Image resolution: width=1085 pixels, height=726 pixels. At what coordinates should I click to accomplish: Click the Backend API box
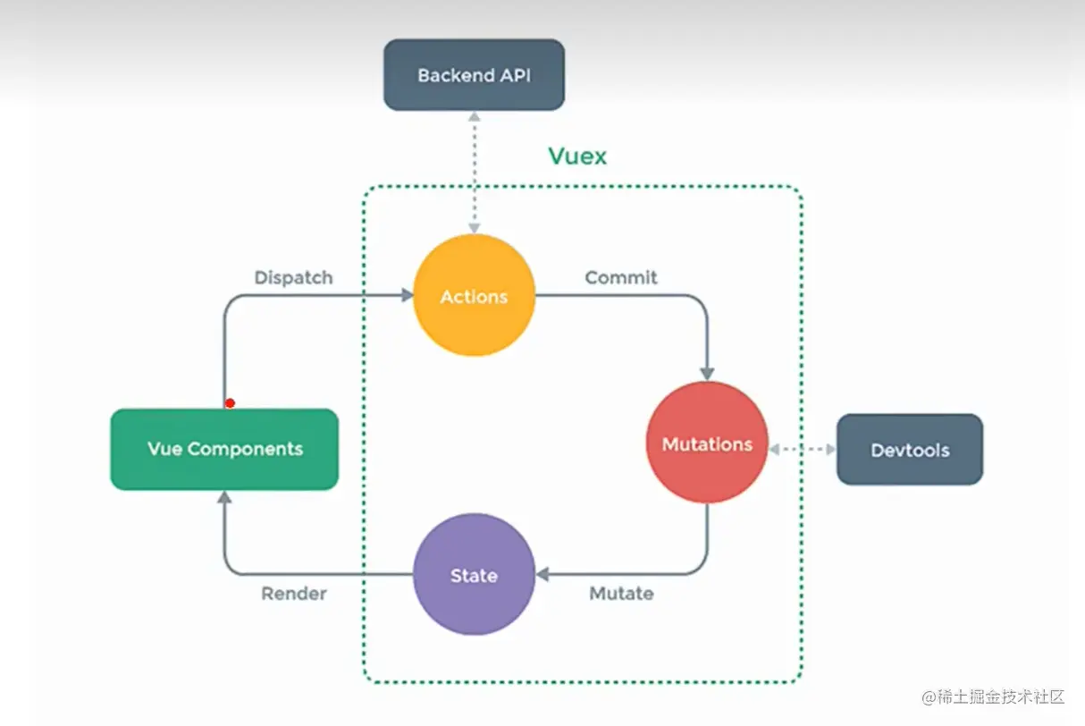click(x=474, y=75)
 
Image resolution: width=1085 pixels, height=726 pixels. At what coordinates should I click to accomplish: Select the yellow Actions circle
click(x=474, y=296)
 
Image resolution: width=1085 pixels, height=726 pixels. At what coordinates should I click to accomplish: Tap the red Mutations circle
click(x=707, y=443)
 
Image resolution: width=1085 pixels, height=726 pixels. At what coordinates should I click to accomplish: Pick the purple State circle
click(x=474, y=575)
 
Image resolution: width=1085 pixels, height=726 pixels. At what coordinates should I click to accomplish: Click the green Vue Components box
click(x=224, y=449)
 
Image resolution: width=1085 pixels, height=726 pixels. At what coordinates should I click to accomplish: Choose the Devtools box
click(x=909, y=450)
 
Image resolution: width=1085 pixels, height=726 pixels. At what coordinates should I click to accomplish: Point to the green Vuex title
click(x=577, y=156)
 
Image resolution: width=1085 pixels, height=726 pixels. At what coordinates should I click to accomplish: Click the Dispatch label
click(x=293, y=277)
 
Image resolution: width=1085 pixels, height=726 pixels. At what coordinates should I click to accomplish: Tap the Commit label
click(x=621, y=277)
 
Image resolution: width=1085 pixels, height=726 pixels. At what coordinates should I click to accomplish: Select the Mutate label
click(x=621, y=593)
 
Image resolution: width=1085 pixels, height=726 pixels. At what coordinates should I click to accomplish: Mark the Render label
click(x=293, y=593)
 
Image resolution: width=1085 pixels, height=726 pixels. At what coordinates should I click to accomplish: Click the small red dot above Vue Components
click(x=230, y=403)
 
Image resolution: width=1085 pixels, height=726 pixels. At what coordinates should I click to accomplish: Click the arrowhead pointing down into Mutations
click(x=708, y=373)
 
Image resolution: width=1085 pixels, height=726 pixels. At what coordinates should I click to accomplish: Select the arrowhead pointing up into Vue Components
click(x=224, y=497)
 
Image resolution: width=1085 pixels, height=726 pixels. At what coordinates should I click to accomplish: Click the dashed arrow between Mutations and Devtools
click(x=802, y=449)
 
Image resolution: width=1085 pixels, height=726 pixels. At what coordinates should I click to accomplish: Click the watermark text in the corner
click(x=994, y=696)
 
